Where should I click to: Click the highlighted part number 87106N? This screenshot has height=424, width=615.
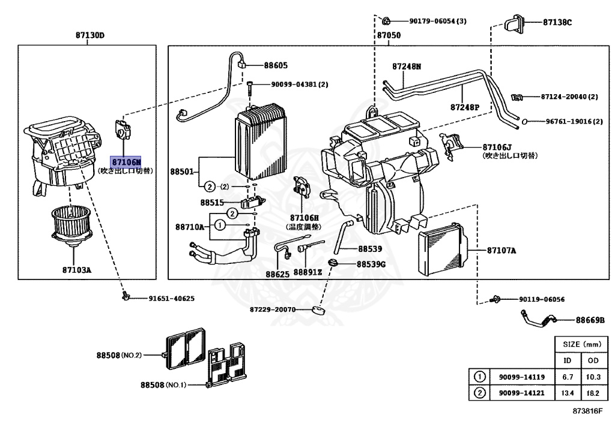126,162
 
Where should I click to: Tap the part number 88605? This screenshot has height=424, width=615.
276,65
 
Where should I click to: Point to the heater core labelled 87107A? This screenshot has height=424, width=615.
443,249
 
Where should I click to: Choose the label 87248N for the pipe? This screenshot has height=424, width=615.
407,67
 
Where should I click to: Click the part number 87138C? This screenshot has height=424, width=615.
557,22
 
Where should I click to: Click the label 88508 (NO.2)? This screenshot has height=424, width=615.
119,355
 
